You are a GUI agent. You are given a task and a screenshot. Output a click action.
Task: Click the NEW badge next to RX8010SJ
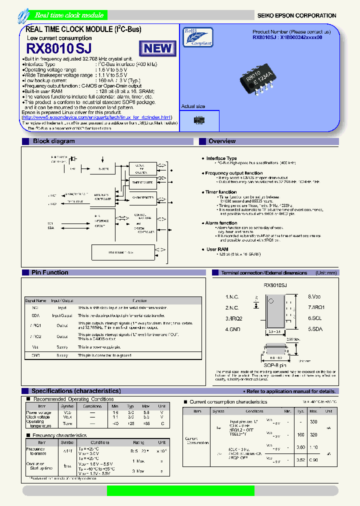pos(158,48)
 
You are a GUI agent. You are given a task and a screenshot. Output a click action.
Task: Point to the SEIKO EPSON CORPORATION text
pos(296,15)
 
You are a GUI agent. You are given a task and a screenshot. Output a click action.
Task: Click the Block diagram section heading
pos(53,141)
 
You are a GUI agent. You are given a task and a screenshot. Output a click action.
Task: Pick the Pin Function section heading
pos(49,272)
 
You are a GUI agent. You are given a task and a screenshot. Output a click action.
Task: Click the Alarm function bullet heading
pos(221,223)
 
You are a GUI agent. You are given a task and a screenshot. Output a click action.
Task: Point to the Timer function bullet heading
pos(220,192)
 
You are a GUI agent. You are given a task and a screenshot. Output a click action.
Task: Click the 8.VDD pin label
pos(315,296)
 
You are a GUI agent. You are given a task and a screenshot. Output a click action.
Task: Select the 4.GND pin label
pos(233,329)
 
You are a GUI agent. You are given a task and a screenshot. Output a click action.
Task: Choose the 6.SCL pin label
pos(315,318)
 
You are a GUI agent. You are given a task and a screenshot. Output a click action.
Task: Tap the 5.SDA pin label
pos(315,329)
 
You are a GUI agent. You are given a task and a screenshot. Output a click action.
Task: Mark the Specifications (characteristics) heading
pos(75,391)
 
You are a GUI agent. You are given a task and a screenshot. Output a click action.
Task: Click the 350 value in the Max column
pos(313,422)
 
